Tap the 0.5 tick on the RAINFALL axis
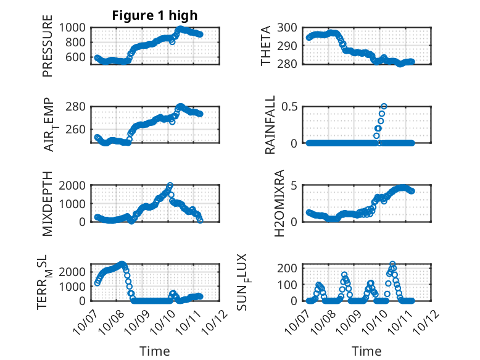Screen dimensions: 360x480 point(292,106)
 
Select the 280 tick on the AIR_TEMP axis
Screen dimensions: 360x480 point(77,106)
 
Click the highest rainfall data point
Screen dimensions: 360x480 point(384,106)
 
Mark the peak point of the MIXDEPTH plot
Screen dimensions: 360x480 point(170,185)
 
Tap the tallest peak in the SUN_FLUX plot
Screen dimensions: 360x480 point(392,264)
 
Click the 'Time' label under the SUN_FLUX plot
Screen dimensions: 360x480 point(366,351)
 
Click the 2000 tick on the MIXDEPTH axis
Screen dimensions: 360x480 point(74,185)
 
